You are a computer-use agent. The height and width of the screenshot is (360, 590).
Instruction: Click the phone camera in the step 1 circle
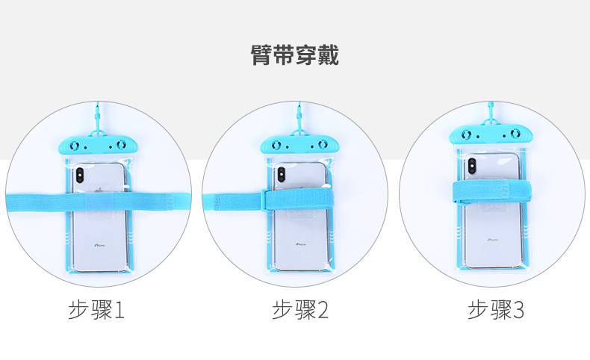click(79, 178)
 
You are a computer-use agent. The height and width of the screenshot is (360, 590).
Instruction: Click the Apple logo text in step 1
click(98, 244)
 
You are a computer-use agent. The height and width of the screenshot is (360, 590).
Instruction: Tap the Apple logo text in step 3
click(493, 240)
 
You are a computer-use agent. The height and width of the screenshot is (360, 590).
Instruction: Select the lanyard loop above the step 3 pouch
click(492, 112)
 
